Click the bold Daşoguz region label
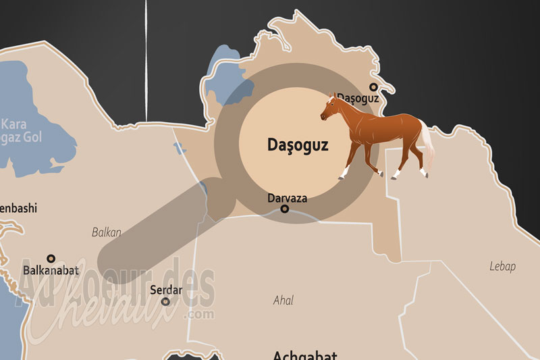(x=298, y=145)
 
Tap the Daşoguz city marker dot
(x=373, y=86)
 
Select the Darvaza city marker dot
(x=284, y=209)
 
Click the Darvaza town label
(x=287, y=198)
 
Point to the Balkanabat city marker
(x=51, y=258)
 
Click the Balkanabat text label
(x=51, y=270)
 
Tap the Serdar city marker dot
(x=165, y=301)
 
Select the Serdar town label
(x=166, y=290)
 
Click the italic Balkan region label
(x=106, y=232)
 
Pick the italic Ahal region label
(x=283, y=300)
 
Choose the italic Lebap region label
(x=502, y=266)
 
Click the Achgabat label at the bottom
(x=304, y=355)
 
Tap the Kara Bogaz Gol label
(x=20, y=130)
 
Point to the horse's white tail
(x=427, y=145)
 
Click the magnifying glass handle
(x=155, y=230)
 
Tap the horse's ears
(x=332, y=97)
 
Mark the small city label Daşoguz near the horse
(x=358, y=98)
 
